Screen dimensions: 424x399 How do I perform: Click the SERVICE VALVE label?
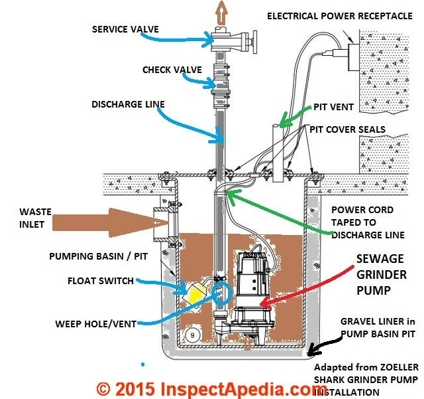(x=125, y=29)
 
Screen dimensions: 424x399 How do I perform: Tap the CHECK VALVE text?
(x=172, y=70)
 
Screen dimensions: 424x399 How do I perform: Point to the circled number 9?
(x=193, y=335)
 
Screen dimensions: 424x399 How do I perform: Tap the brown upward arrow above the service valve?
(x=221, y=13)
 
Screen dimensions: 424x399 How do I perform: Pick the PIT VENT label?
(x=333, y=107)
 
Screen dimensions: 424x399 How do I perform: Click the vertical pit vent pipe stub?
(x=278, y=153)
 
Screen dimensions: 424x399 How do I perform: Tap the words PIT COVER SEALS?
(x=347, y=129)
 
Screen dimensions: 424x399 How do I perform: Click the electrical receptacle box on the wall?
(x=353, y=57)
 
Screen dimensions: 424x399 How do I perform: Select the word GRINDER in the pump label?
(x=382, y=275)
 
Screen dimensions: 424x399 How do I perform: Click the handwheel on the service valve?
(x=254, y=42)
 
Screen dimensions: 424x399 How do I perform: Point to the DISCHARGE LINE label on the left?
(x=128, y=104)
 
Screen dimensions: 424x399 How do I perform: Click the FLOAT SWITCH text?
(x=101, y=281)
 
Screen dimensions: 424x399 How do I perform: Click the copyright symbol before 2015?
(x=103, y=389)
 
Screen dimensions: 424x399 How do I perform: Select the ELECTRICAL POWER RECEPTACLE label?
(x=340, y=16)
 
